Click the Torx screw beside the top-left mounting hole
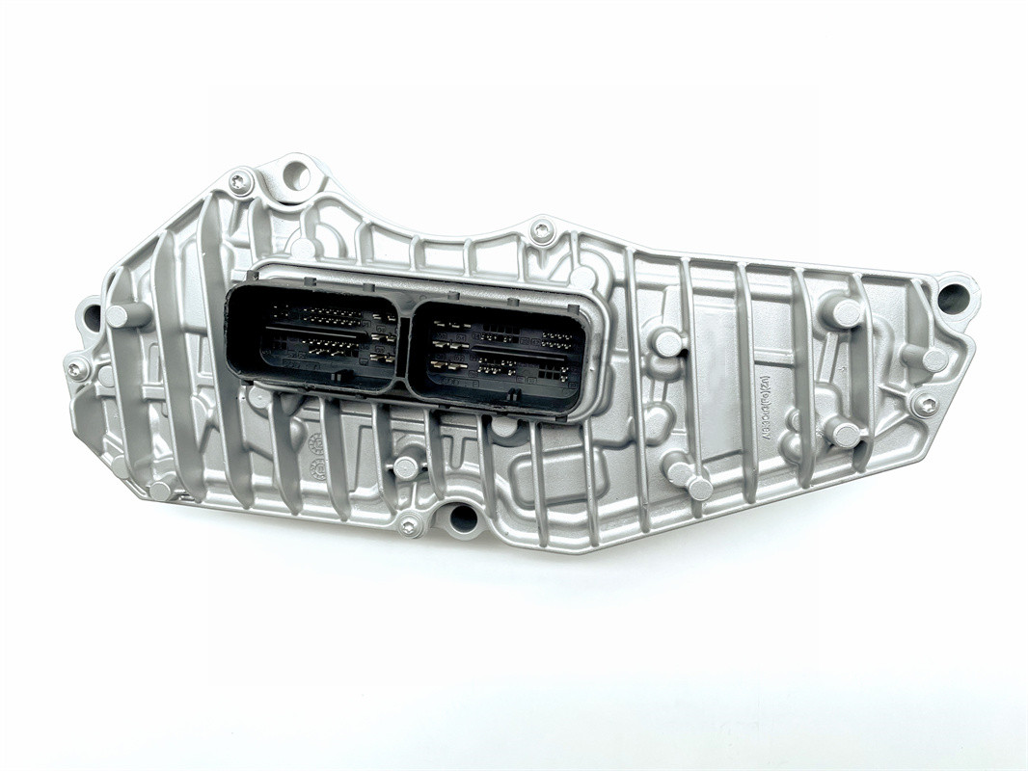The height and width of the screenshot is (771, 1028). coord(239,181)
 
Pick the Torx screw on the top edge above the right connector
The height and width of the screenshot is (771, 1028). coord(542,230)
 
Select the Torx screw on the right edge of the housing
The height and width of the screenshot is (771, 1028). coord(925,405)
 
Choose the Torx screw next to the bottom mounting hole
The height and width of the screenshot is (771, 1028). coord(411,525)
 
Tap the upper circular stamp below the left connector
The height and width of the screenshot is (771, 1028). coord(314,442)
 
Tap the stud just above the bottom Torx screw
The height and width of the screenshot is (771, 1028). coord(405,468)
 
